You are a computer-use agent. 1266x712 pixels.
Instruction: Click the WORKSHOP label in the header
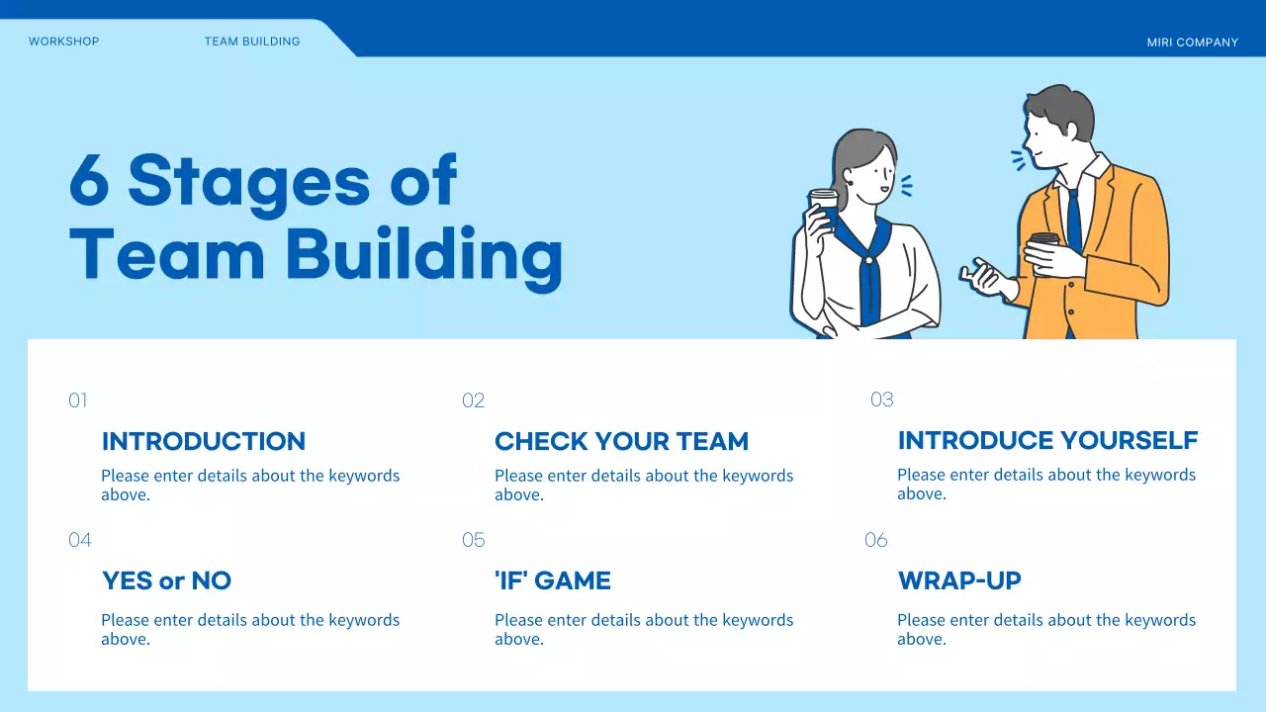point(64,42)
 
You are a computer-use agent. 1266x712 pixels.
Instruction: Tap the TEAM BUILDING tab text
point(252,42)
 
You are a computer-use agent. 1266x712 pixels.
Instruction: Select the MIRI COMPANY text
point(1193,43)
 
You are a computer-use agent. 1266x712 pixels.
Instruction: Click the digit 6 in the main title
point(89,180)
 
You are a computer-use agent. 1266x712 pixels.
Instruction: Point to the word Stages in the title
point(248,185)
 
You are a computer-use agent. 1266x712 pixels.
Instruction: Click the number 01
point(78,400)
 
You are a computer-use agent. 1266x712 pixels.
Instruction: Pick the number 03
point(881,400)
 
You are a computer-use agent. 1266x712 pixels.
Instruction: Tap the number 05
point(473,540)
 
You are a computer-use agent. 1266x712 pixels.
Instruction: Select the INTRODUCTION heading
point(204,441)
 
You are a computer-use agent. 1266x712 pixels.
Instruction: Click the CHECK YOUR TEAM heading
point(622,441)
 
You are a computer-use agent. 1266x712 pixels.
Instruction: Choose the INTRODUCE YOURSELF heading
point(1047,440)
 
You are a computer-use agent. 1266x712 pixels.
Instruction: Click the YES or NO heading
point(167,580)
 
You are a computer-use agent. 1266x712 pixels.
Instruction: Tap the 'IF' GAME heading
point(553,580)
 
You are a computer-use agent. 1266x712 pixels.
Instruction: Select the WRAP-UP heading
point(959,580)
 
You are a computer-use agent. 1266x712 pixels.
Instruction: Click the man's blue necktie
point(1074,221)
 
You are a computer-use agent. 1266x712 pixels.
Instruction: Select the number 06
point(876,540)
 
